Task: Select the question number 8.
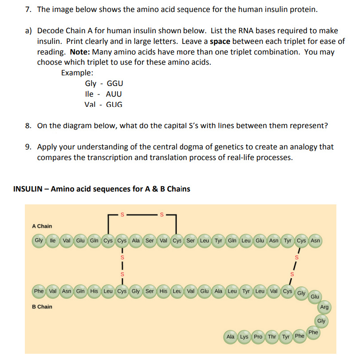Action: coord(28,125)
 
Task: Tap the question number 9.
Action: coord(28,146)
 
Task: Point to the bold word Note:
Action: coord(80,51)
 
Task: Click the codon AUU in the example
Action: coord(114,94)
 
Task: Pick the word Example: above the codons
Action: coord(77,72)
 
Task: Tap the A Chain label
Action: coord(42,226)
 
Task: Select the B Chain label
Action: coord(42,306)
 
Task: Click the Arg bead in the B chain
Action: coord(324,307)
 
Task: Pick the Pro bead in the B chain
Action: coord(258,337)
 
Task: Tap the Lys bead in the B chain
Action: coord(244,337)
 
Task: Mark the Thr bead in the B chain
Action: coord(272,337)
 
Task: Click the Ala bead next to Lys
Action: coord(230,337)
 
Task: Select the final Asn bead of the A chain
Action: coord(315,241)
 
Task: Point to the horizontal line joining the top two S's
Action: coord(142,215)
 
